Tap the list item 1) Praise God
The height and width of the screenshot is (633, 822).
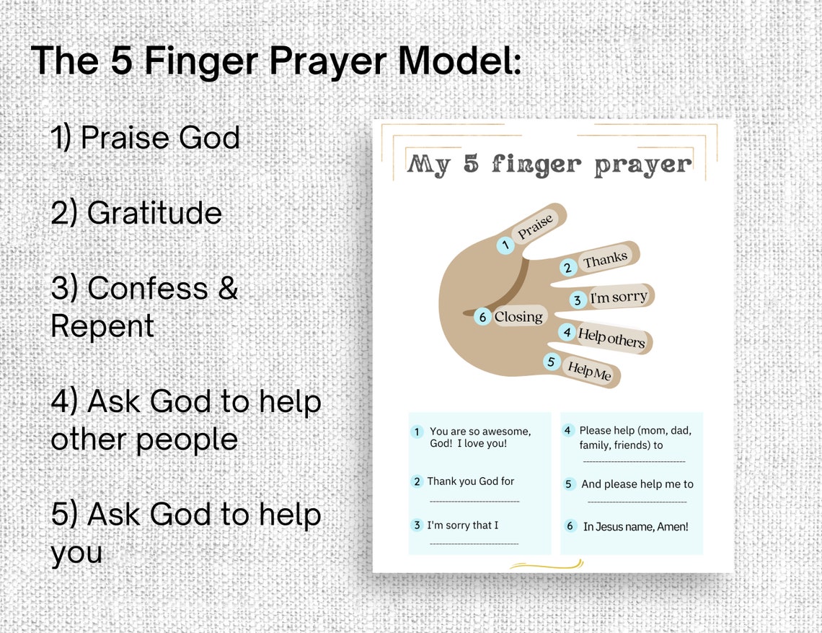pyautogui.click(x=145, y=137)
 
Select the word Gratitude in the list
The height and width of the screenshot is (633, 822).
pyautogui.click(x=154, y=213)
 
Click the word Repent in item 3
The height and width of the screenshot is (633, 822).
pyautogui.click(x=102, y=326)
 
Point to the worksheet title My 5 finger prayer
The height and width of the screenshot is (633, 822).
pyautogui.click(x=549, y=165)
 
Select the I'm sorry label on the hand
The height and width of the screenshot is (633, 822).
pyautogui.click(x=619, y=297)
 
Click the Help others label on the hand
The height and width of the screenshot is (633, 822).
pyautogui.click(x=611, y=337)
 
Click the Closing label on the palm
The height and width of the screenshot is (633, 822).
pyautogui.click(x=518, y=317)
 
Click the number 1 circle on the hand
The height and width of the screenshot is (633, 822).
pyautogui.click(x=505, y=245)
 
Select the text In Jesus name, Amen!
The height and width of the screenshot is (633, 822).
pyautogui.click(x=635, y=527)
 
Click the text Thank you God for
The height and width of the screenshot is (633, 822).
pyautogui.click(x=470, y=481)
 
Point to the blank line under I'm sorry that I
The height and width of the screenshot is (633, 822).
pyautogui.click(x=474, y=543)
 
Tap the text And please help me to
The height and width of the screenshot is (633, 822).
pyautogui.click(x=637, y=484)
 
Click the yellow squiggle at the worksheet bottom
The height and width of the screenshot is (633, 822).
pyautogui.click(x=546, y=564)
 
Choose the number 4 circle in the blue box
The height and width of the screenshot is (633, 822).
pyautogui.click(x=567, y=430)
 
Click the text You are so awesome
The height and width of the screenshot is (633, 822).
pyautogui.click(x=480, y=432)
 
